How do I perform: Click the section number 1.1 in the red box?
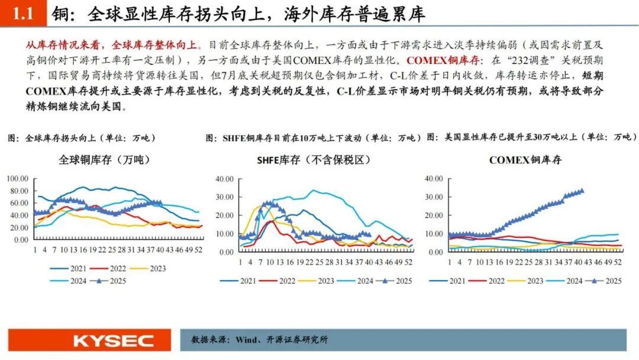pos(23,14)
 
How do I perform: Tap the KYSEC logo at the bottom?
pos(113,340)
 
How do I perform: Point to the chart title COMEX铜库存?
pos(525,160)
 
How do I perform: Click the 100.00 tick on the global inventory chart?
pos(17,178)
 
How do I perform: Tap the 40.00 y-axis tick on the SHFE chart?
pos(225,178)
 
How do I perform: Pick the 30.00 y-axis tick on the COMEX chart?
pos(434,197)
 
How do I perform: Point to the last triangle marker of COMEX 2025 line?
pos(582,191)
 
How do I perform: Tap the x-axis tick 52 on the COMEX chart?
pos(618,261)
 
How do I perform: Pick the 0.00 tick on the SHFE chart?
pos(227,252)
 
